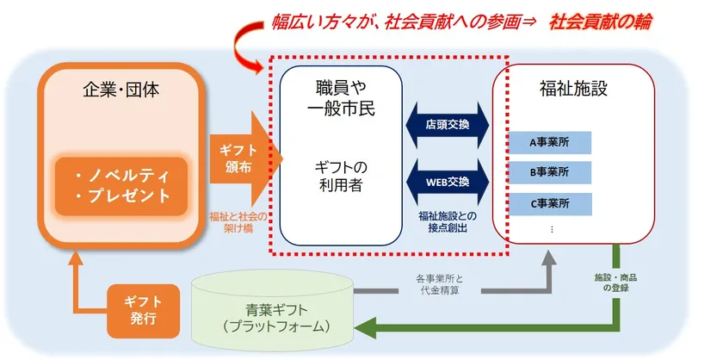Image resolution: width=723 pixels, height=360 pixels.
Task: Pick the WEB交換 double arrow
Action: [x=447, y=182]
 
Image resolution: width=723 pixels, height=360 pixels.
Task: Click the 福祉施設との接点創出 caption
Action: [x=447, y=221]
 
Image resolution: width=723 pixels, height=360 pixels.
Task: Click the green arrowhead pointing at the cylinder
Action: [x=368, y=328]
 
